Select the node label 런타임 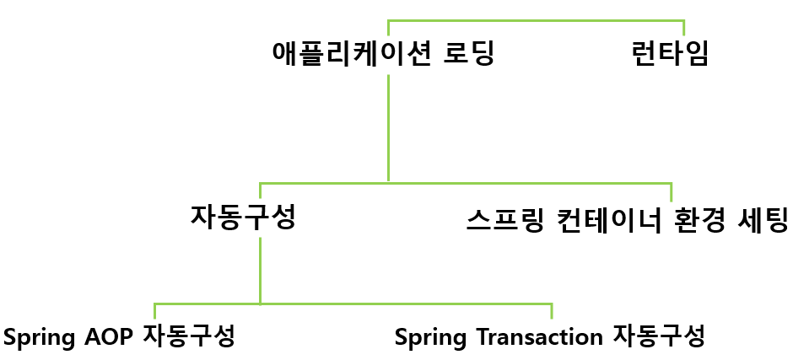(670, 55)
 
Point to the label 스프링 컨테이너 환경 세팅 (627, 220)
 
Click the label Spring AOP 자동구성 (119, 336)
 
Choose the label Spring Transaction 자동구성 (549, 337)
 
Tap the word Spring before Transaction (429, 337)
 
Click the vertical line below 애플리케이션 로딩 (388, 126)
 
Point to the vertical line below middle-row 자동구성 (260, 270)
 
